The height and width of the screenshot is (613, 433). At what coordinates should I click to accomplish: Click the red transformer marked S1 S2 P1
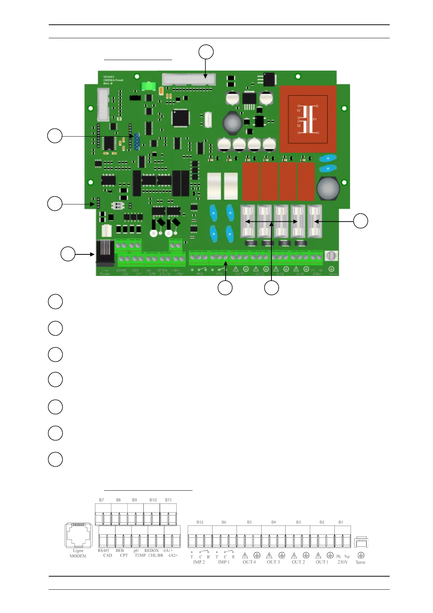(x=308, y=119)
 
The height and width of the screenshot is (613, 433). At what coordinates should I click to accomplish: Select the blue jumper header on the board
(x=137, y=141)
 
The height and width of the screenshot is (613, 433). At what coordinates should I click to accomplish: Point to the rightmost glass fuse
(x=315, y=221)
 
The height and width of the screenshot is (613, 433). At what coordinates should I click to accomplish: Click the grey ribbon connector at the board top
(x=189, y=79)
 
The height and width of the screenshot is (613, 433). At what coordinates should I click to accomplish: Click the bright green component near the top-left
(x=148, y=86)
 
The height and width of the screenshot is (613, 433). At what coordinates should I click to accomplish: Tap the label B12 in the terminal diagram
(x=200, y=522)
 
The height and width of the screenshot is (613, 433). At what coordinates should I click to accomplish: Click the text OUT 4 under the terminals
(x=249, y=562)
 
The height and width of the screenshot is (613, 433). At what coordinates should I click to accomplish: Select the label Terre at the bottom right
(x=360, y=562)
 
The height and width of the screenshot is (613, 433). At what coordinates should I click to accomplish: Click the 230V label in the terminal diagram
(x=342, y=562)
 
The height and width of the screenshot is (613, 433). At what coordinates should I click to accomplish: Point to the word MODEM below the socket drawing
(x=78, y=556)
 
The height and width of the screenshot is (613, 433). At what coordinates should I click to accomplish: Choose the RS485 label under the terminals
(x=103, y=550)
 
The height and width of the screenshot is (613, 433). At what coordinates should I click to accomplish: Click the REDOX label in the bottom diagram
(x=151, y=550)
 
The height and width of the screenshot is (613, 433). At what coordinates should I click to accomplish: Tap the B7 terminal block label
(x=101, y=500)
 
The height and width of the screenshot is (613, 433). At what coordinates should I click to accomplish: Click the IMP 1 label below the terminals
(x=224, y=562)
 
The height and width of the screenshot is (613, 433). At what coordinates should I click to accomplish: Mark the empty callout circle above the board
(x=206, y=52)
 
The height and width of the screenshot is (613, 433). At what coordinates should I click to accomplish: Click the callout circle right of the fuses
(x=361, y=221)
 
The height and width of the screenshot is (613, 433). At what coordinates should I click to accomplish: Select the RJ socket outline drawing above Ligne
(x=78, y=535)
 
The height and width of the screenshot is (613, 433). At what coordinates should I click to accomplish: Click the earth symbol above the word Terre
(x=361, y=555)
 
